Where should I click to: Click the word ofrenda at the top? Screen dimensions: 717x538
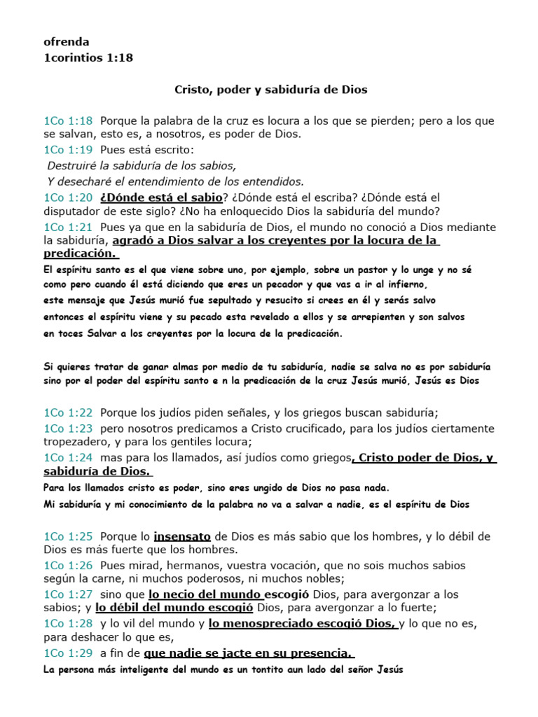click(66, 42)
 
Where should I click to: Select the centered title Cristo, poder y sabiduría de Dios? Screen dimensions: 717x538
click(270, 90)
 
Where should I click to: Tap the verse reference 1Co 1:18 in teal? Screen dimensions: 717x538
click(68, 121)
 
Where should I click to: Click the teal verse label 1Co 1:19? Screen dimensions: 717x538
click(68, 150)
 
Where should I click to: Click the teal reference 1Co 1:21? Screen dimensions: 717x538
click(68, 228)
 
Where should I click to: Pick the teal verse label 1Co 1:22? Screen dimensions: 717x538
click(68, 413)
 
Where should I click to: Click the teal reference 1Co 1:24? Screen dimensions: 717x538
click(68, 458)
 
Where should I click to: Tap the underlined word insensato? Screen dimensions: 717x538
click(182, 536)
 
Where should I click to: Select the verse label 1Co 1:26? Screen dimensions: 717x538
click(68, 565)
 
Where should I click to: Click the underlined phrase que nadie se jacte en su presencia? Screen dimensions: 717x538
click(247, 653)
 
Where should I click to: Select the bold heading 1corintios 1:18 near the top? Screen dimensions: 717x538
click(88, 57)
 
